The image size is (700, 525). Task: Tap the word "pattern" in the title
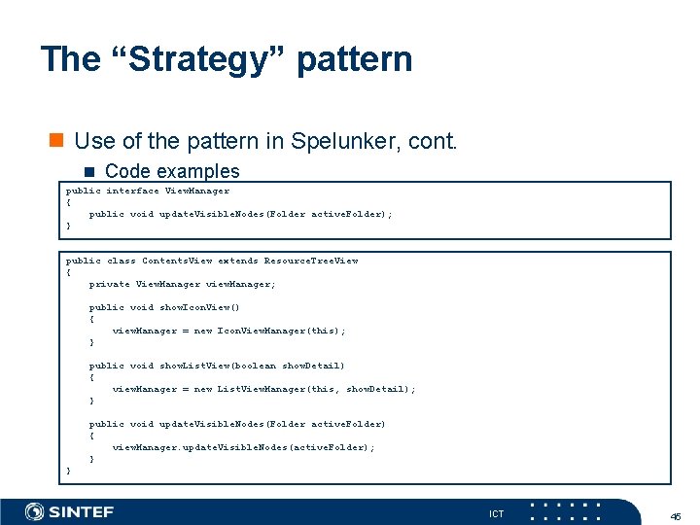coord(355,59)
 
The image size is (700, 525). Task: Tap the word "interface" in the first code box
coord(132,191)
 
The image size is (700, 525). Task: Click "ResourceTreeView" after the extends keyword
coord(311,261)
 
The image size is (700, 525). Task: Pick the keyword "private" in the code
coord(109,284)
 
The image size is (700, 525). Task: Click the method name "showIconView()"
coord(199,307)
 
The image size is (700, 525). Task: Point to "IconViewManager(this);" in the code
coord(282,331)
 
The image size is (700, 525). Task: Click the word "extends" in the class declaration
coord(238,261)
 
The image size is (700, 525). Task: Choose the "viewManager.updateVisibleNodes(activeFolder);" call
coord(243,447)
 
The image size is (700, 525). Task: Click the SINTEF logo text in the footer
coord(82,511)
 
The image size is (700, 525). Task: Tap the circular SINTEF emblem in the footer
coord(35,511)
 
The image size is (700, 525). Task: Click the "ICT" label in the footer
coord(497,513)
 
